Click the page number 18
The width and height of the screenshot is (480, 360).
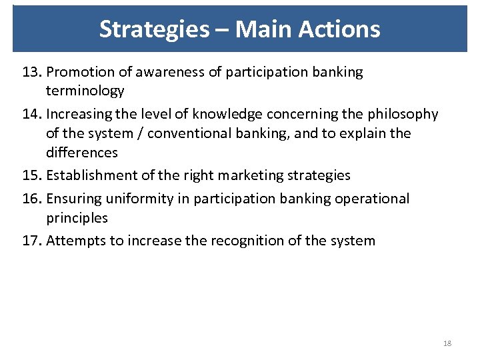[x=447, y=343]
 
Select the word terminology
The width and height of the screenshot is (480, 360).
[x=85, y=91]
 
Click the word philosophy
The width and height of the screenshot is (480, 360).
[x=403, y=114]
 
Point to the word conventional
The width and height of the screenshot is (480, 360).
[x=189, y=133]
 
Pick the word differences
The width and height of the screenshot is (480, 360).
[x=82, y=153]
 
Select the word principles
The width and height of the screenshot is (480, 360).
[x=77, y=217]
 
